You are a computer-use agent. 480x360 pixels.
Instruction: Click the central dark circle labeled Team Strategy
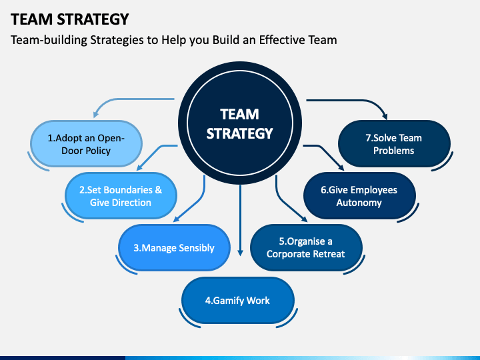[x=240, y=123]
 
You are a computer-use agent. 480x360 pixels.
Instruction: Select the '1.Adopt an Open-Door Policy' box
[x=86, y=144]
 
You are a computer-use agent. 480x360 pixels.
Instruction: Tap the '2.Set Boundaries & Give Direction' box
[x=121, y=196]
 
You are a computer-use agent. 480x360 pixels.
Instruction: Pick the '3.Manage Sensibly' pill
[x=174, y=247]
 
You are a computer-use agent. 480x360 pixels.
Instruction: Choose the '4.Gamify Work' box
[x=238, y=300]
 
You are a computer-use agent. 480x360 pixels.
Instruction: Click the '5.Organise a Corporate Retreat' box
[x=306, y=247]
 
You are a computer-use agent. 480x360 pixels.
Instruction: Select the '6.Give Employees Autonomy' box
[x=359, y=196]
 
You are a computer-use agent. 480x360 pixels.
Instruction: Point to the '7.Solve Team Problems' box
[x=394, y=144]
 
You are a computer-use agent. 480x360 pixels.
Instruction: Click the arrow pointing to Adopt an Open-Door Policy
[x=123, y=100]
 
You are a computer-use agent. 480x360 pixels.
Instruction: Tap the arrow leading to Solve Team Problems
[x=358, y=101]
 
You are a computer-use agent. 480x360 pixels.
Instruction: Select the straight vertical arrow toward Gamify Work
[x=240, y=221]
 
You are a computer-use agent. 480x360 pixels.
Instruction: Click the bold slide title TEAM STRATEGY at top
[x=70, y=19]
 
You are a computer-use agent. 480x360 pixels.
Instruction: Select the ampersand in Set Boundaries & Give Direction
[x=158, y=190]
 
